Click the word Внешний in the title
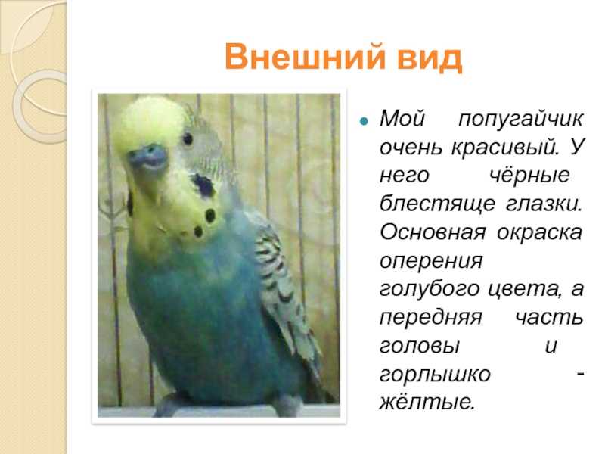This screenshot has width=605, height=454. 306,58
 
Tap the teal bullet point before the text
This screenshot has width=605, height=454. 364,121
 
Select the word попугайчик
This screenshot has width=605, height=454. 520,120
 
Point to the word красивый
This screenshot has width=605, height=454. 505,148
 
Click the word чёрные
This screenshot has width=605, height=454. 529,176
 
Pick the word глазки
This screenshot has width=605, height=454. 543,204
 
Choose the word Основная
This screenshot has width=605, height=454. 433,232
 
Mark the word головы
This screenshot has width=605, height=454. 420,345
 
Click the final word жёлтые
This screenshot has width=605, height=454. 427,402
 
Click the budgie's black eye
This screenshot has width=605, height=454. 188,138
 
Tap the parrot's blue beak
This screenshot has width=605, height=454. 148,157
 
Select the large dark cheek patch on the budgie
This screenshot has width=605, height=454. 203,185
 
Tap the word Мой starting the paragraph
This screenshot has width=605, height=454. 402,118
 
